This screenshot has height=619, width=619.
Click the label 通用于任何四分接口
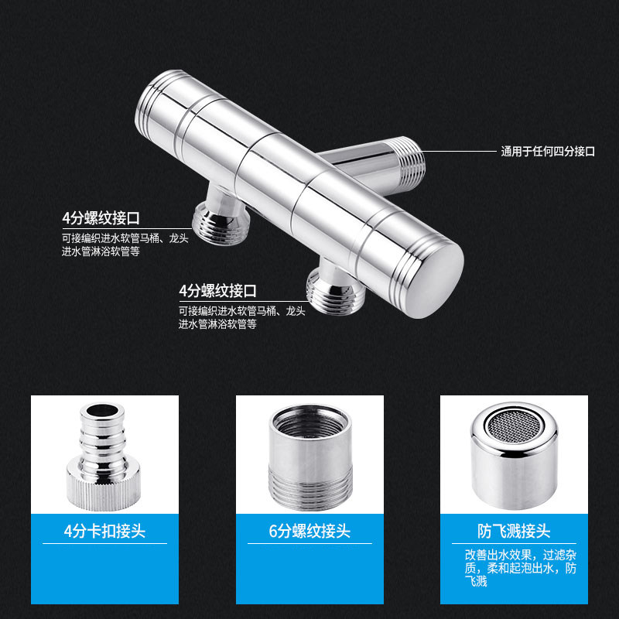coord(548,151)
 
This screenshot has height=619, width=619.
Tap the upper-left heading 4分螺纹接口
coord(101,218)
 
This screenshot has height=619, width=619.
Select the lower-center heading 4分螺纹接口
coord(218,291)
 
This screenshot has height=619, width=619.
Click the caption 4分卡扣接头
coord(104,531)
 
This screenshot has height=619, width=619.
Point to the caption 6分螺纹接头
coord(309,531)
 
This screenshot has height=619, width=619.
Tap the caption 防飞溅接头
coord(514,531)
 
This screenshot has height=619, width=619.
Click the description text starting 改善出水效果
coord(520,568)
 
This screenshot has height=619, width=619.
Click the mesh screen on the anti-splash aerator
coord(514,426)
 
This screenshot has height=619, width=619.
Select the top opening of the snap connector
coord(102,411)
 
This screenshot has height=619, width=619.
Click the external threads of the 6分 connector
coord(310,487)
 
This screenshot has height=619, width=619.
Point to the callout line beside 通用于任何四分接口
coord(459,151)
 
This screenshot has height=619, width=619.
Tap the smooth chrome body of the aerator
coord(515,477)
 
